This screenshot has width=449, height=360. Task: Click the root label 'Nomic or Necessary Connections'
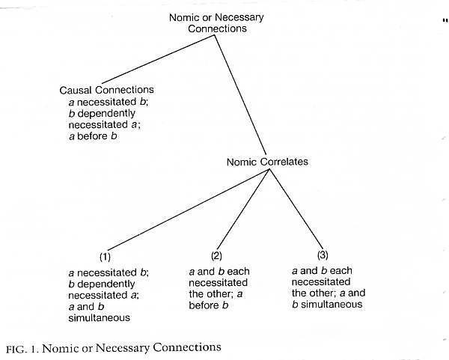coord(216,23)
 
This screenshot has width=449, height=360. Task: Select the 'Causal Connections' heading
coord(106,90)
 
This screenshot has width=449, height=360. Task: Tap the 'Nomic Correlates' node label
coord(267,162)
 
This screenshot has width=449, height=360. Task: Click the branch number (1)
coord(105,257)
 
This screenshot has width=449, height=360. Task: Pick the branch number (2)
coord(216,255)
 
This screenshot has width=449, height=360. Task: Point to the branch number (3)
coord(323,254)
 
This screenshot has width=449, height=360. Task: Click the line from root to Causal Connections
coord(158,59)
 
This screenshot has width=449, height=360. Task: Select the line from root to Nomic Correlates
coord(240,95)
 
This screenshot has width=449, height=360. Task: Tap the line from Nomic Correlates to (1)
coord(189,210)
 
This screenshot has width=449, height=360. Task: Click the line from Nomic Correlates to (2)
coord(243,210)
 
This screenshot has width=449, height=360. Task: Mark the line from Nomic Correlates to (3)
coord(296,209)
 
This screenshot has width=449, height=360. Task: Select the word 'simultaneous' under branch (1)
coord(99,318)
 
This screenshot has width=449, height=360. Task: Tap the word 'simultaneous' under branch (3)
coord(332,304)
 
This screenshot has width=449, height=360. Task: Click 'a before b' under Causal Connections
coord(93,136)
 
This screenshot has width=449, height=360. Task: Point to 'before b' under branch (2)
coord(209,305)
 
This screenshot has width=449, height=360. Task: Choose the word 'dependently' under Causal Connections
coord(106,114)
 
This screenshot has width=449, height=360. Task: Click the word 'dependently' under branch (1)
coord(106,284)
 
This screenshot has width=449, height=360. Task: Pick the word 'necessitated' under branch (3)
coord(321,282)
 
